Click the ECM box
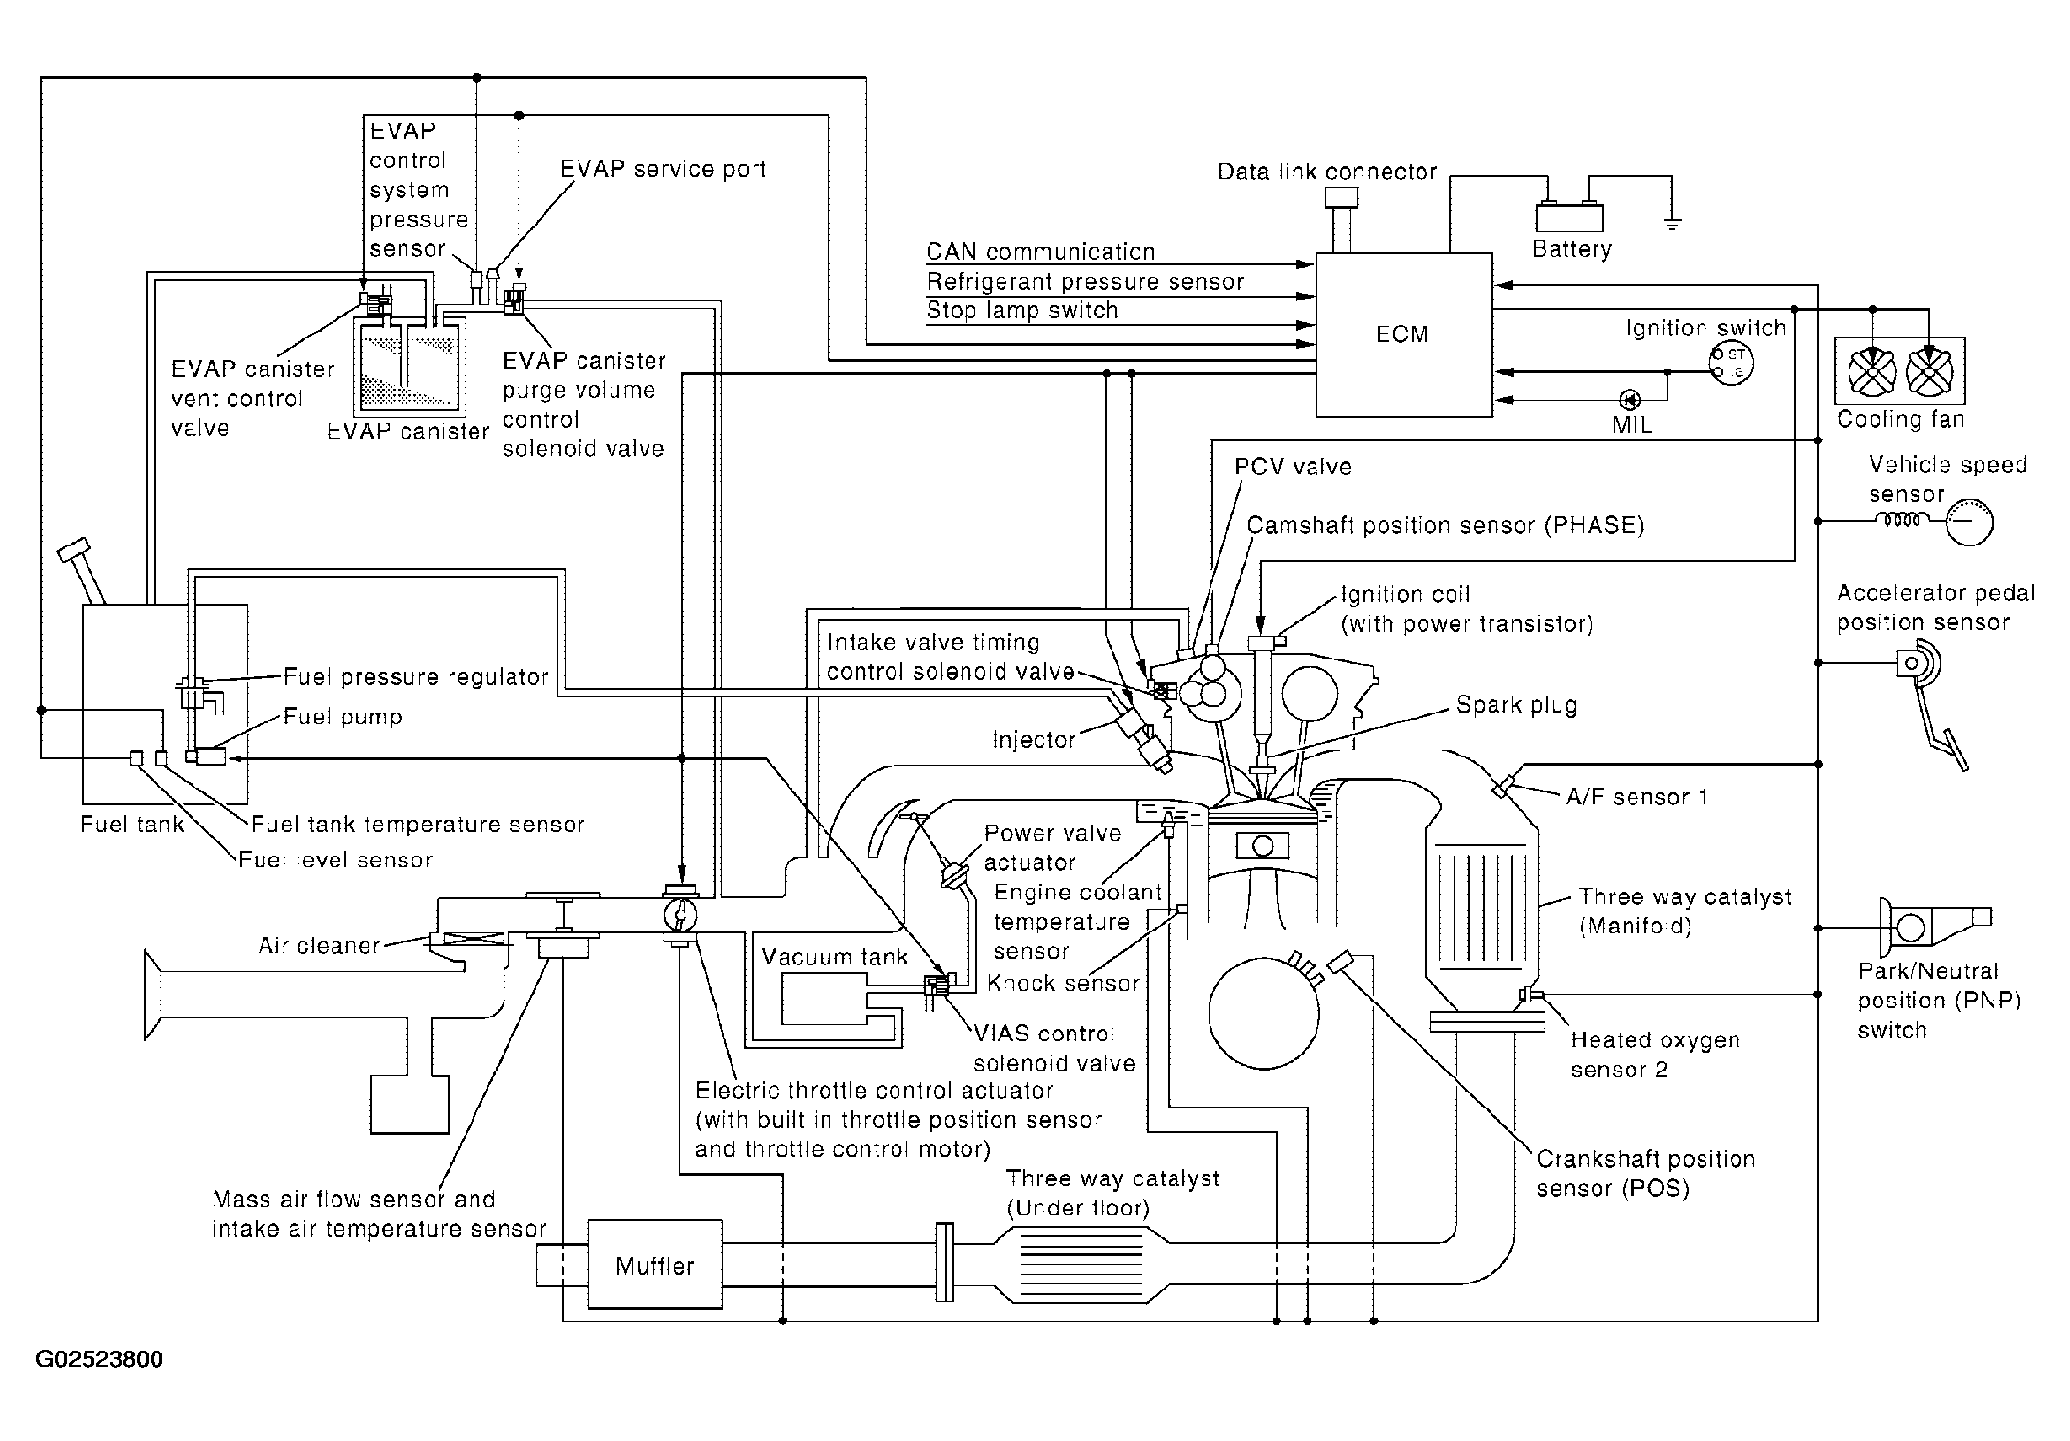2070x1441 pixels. coord(1403,335)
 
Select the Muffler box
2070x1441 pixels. coord(655,1265)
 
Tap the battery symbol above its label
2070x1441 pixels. coord(1569,217)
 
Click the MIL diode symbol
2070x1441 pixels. coord(1631,399)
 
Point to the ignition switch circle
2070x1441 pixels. coord(1731,363)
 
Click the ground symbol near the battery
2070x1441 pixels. coord(1672,225)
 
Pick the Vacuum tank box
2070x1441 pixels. coord(824,997)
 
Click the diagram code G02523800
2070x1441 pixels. coord(99,1359)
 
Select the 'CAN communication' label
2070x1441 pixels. coord(1040,252)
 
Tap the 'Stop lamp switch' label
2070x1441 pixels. coord(1022,310)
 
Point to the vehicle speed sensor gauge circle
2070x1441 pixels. coord(1969,523)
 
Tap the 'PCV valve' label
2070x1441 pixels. coord(1292,467)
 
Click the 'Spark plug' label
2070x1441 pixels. coord(1516,705)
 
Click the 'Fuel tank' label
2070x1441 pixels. coord(132,825)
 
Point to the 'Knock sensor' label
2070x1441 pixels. coord(1063,983)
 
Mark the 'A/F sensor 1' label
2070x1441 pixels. coord(1636,797)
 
